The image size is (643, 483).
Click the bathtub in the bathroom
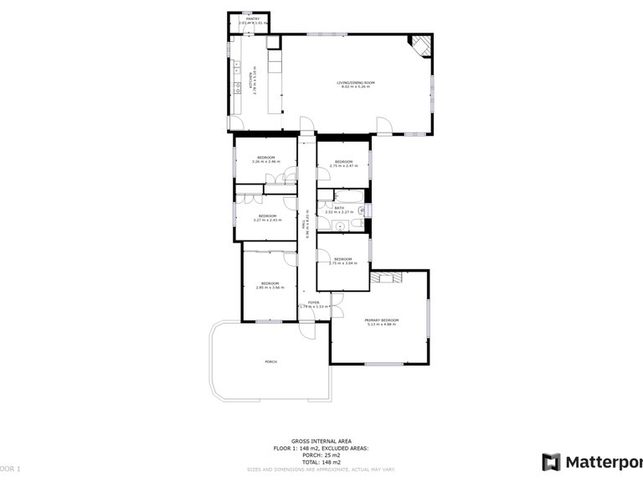(x=343, y=198)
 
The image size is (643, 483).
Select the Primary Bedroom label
(x=382, y=322)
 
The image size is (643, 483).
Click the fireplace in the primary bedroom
(x=388, y=277)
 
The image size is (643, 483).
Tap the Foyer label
(x=313, y=304)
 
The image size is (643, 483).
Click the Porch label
(x=270, y=361)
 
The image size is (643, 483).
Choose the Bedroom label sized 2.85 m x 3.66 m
(x=270, y=285)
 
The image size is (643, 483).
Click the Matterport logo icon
(x=551, y=461)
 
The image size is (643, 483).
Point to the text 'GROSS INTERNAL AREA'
(x=321, y=440)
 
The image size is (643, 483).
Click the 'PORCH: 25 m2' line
(x=321, y=455)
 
